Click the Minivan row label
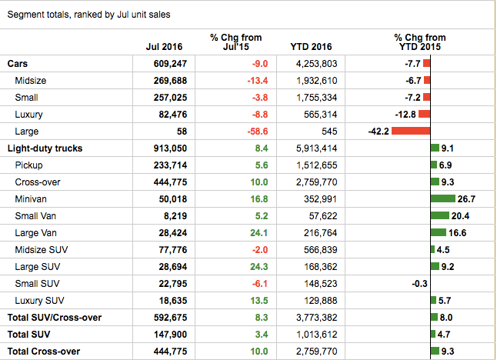pyautogui.click(x=32, y=198)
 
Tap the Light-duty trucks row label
pyautogui.click(x=45, y=148)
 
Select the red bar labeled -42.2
pyautogui.click(x=410, y=132)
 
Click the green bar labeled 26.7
pyautogui.click(x=442, y=198)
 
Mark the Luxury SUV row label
pyautogui.click(x=39, y=300)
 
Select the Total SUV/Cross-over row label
pyautogui.click(x=55, y=317)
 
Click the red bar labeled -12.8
pyautogui.click(x=424, y=115)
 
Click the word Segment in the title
pyautogui.click(x=26, y=15)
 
